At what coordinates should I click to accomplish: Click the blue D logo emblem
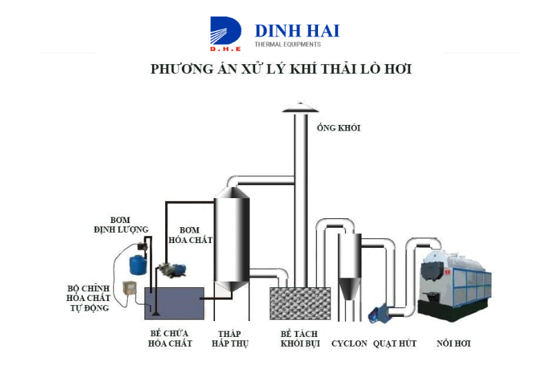[x=226, y=33]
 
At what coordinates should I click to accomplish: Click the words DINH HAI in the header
[x=297, y=31]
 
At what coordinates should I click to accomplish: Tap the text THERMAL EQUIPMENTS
[x=288, y=44]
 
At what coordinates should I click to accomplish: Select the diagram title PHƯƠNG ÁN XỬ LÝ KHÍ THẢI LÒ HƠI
[x=281, y=68]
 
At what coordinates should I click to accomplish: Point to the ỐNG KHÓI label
[x=339, y=128]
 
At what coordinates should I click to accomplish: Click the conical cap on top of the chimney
[x=301, y=108]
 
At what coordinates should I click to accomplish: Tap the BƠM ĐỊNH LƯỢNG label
[x=121, y=224]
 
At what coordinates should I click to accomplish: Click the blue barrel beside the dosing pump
[x=138, y=265]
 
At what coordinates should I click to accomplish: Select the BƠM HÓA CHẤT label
[x=191, y=235]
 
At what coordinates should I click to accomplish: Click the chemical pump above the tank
[x=171, y=269]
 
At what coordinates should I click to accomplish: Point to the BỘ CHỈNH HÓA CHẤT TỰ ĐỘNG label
[x=88, y=298]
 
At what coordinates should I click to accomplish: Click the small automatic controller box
[x=129, y=289]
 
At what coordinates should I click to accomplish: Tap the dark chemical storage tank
[x=175, y=303]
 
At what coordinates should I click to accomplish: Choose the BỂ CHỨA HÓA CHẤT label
[x=170, y=338]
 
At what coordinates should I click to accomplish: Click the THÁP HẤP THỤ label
[x=230, y=338]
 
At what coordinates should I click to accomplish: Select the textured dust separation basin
[x=300, y=303]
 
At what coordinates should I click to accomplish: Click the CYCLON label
[x=349, y=343]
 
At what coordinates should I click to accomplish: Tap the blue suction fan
[x=377, y=313]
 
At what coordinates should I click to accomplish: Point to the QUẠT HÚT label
[x=395, y=343]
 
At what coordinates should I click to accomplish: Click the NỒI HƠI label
[x=453, y=343]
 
